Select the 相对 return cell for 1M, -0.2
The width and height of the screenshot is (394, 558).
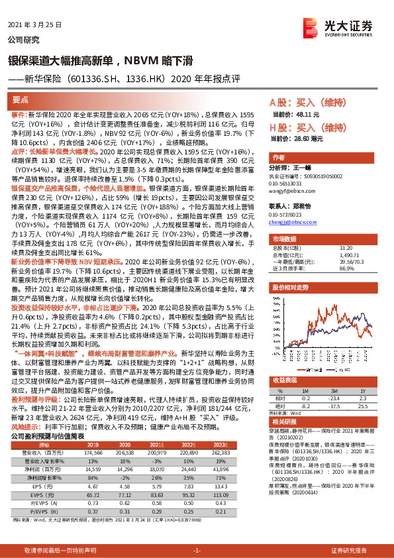click(305, 398)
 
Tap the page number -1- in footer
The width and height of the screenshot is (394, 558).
click(197, 551)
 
